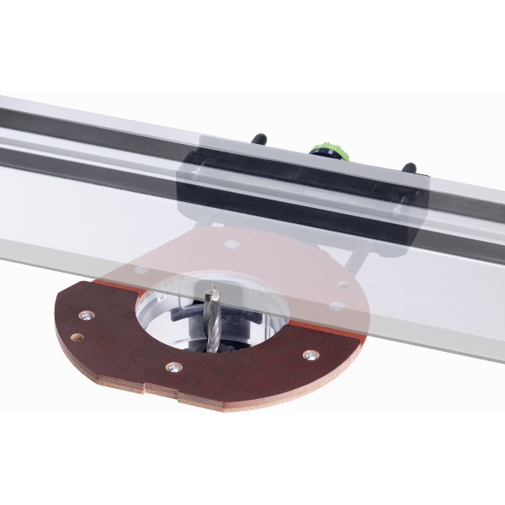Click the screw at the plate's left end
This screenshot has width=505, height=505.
[84, 316]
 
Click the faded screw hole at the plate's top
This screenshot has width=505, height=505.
[232, 244]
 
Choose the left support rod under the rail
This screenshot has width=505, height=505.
[199, 221]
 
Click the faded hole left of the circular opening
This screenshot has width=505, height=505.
[141, 271]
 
